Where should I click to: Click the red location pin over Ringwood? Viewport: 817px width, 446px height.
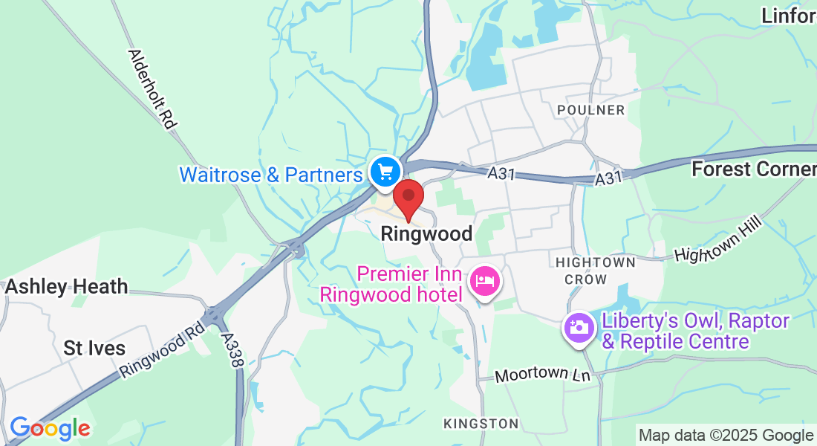408,198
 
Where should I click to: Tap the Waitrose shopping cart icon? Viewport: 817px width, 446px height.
385,172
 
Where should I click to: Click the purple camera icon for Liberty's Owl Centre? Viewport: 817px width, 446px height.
579,328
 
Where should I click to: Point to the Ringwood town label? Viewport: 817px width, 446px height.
426,234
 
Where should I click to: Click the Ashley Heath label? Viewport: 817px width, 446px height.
67,286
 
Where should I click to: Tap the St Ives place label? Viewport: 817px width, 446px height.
94,348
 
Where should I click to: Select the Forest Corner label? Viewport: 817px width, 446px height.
753,169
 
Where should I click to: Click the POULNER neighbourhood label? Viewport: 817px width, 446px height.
591,110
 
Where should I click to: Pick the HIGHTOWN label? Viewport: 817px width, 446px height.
596,262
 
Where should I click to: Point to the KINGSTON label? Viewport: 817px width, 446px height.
481,424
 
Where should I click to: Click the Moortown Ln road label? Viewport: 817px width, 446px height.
542,375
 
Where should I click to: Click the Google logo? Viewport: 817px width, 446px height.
50,428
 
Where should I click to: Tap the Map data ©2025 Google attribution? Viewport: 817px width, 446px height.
726,436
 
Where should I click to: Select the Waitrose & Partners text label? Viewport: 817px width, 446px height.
271,175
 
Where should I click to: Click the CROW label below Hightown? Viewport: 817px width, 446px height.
585,279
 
